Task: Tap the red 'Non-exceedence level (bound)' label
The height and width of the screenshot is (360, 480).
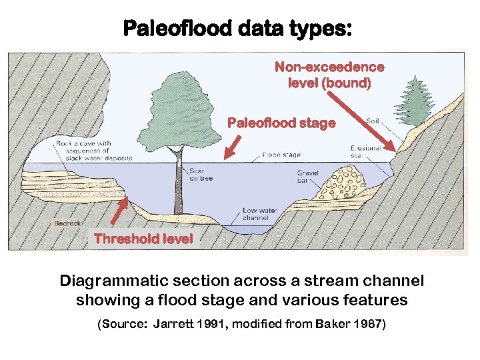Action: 329,75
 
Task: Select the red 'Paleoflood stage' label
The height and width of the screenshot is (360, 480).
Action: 281,123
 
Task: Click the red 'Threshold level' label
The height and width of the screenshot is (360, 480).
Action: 143,239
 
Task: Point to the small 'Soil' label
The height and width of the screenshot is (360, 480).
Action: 373,121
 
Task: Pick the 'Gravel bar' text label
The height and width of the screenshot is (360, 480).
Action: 308,176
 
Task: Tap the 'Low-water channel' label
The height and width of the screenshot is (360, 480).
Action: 255,214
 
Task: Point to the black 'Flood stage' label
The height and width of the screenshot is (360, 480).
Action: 281,155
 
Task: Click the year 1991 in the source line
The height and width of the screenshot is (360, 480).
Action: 207,325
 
